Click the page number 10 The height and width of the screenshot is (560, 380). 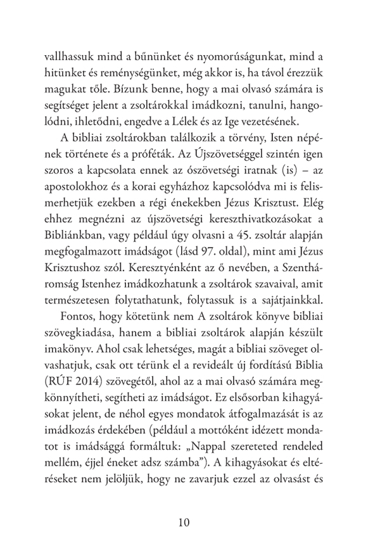(190, 523)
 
